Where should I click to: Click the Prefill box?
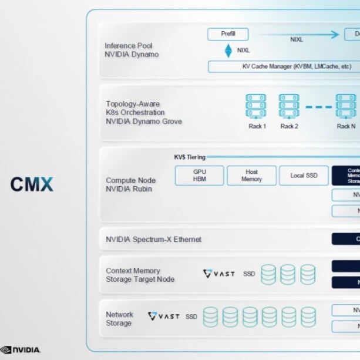pos(228,34)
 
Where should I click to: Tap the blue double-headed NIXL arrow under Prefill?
pos(228,51)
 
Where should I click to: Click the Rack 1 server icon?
pos(256,106)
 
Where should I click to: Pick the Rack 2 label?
pos(289,126)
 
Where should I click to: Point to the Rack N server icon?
pos(346,106)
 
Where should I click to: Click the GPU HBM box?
pos(200,176)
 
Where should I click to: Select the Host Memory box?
pos(251,176)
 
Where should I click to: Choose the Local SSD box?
pos(304,176)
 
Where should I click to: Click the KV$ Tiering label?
pos(187,157)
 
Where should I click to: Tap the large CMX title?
pos(32,184)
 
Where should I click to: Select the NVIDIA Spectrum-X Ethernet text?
pos(153,240)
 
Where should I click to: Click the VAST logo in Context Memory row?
pos(218,274)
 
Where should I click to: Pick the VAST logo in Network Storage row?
pos(164,317)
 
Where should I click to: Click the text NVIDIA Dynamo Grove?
pos(144,122)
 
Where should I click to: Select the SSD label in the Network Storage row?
pos(191,317)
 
